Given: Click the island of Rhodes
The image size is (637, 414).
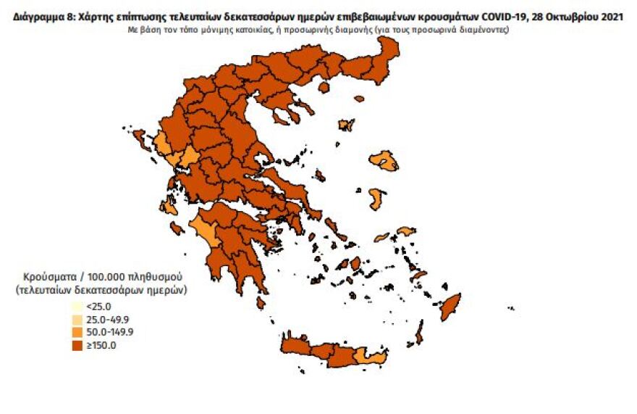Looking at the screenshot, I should pos(452,307).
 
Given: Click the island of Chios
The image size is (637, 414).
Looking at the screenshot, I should pos(377,199).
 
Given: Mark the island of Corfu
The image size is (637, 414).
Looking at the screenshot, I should pos(143,140).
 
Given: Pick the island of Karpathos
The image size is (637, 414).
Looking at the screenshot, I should pos(419,334).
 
